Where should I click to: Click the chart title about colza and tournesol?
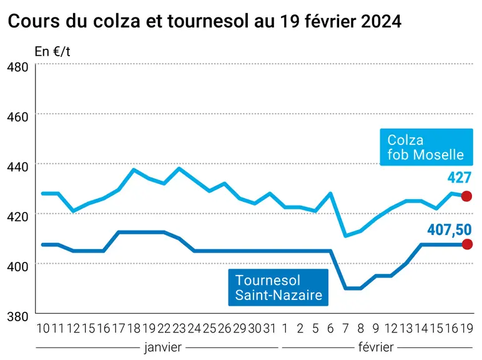(x=204, y=21)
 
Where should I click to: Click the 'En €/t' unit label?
(x=52, y=51)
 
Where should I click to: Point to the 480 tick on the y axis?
(x=17, y=67)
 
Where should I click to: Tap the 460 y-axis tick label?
(x=17, y=117)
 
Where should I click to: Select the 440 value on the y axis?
(x=17, y=167)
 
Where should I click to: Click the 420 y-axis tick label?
(x=17, y=217)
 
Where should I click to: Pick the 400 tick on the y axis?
(x=17, y=266)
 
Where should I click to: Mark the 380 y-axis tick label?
(x=17, y=316)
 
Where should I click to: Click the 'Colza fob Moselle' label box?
(x=426, y=147)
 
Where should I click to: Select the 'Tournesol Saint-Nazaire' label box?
(x=278, y=287)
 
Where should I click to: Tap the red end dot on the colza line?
(x=466, y=196)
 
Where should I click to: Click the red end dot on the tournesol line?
(x=467, y=244)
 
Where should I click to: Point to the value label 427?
(x=460, y=177)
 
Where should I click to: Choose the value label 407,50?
(x=449, y=230)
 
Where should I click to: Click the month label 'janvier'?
(x=163, y=347)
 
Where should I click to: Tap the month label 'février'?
(x=376, y=347)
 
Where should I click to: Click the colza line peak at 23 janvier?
(x=179, y=168)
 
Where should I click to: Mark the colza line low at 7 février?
(x=346, y=236)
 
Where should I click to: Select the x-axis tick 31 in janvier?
(x=270, y=329)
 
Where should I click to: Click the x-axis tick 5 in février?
(x=315, y=329)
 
